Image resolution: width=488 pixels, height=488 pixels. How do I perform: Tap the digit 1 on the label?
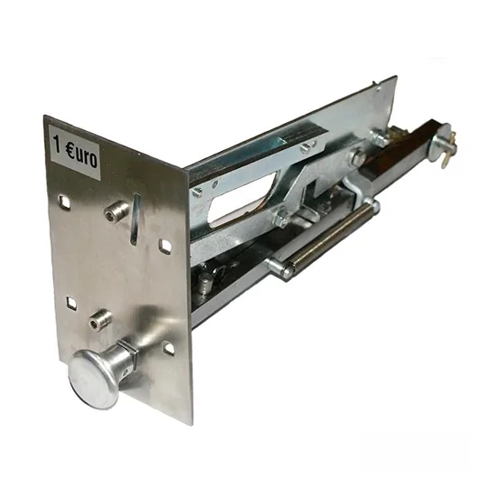(57, 145)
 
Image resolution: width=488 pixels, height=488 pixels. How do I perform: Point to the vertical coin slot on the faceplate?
(135, 220)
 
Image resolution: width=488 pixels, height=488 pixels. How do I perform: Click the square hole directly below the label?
(64, 202)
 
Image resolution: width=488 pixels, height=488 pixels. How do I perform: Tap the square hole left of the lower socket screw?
(71, 303)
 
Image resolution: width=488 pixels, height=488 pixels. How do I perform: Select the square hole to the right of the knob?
(168, 348)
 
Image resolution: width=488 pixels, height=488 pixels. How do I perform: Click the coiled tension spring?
(331, 237)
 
